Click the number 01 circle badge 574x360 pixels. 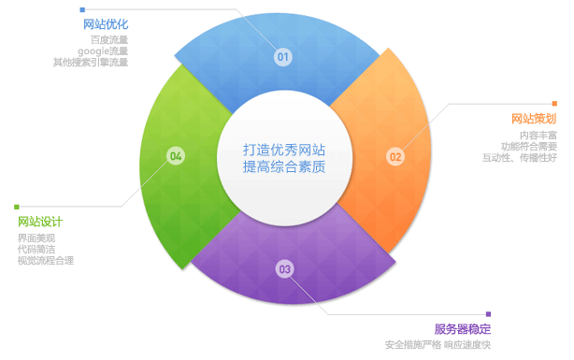(x=283, y=57)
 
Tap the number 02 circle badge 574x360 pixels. (x=395, y=156)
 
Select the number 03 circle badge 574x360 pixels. (x=284, y=269)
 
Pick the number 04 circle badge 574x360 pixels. (x=176, y=155)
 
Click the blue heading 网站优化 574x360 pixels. (x=106, y=23)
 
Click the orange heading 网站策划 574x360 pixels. (x=534, y=119)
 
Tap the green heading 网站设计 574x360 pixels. (x=40, y=222)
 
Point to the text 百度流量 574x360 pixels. (x=109, y=40)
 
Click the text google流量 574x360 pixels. (x=103, y=51)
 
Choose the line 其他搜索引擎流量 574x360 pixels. (x=91, y=63)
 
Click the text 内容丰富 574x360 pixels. (x=538, y=136)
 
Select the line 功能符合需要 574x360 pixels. (x=529, y=147)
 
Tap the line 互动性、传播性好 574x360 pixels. (x=520, y=158)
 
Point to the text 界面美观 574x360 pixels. (x=36, y=238)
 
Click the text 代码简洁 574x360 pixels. (x=36, y=250)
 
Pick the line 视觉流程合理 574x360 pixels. (x=46, y=261)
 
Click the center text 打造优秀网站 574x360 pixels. (x=285, y=149)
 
